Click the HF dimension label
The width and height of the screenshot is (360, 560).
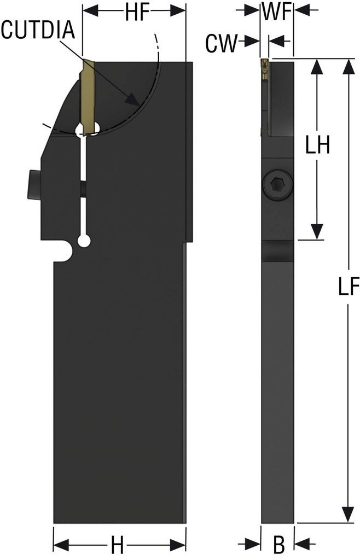tap(134, 13)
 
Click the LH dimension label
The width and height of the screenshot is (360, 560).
tap(316, 147)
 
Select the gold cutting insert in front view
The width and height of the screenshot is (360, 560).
tap(88, 93)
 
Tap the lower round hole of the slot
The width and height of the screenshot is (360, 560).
tap(84, 241)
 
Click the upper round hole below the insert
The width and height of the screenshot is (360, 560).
tap(88, 129)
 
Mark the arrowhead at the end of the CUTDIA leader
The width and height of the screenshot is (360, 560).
tap(132, 100)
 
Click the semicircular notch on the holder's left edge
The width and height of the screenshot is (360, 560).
tap(66, 252)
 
